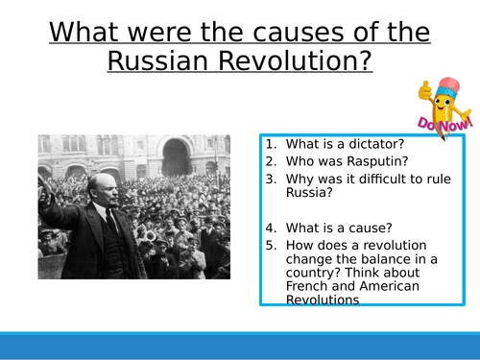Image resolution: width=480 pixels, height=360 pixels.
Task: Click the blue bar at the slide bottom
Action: [x=240, y=346]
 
